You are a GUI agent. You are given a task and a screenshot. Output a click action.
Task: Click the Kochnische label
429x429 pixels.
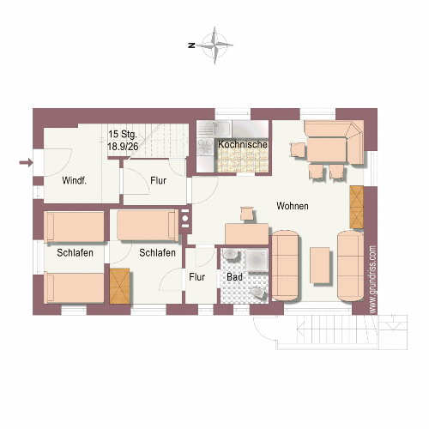point(243,144)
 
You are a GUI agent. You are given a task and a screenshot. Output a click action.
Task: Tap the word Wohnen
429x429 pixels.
point(293,206)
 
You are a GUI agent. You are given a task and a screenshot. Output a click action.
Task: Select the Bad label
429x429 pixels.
point(234,277)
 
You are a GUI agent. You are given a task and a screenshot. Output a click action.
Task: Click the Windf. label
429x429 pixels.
point(74,180)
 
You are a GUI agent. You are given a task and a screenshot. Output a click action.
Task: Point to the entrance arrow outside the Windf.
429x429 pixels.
point(26,163)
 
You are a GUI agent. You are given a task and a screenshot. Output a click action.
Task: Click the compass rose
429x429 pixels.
point(215,45)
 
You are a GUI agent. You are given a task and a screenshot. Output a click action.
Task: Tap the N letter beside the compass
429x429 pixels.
point(191,45)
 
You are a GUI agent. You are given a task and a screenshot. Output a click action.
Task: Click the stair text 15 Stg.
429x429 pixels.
point(123,134)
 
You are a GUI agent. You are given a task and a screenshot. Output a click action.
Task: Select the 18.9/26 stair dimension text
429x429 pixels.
point(123,147)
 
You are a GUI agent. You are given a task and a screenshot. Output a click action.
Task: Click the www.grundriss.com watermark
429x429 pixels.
point(372,280)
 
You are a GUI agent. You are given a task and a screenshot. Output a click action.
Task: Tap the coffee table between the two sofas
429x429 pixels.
point(320,265)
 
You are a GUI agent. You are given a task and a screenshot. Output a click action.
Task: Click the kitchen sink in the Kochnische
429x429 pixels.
point(214,128)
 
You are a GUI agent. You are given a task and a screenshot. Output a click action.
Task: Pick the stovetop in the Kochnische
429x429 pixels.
point(205,147)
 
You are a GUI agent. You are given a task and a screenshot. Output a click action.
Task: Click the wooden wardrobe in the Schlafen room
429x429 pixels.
point(120,286)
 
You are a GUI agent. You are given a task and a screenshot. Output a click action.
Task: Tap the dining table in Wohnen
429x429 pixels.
point(327,150)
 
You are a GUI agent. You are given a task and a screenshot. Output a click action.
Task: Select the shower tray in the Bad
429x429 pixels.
point(257,260)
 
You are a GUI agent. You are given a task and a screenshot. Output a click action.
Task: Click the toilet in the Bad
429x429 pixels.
point(259,293)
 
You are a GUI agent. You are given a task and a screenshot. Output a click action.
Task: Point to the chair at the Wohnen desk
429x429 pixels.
point(246,214)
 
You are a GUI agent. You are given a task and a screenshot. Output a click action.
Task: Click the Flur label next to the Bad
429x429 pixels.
point(197,277)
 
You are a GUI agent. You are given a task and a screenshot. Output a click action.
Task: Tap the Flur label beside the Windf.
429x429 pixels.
point(159,180)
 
